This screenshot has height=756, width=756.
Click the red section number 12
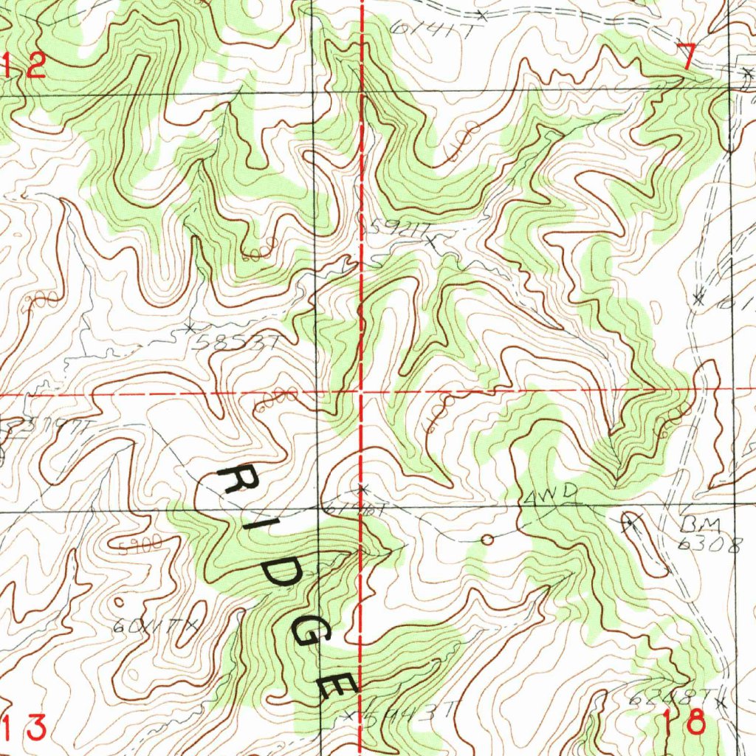[x=25, y=67]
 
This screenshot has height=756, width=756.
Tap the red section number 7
[x=686, y=56]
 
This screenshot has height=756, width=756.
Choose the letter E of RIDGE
[x=337, y=684]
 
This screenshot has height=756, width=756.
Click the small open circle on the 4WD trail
[x=487, y=540]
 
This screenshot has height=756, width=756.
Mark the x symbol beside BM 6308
[x=629, y=523]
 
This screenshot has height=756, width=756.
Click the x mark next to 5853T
[x=190, y=326]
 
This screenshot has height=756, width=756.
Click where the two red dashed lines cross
[x=362, y=392]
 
